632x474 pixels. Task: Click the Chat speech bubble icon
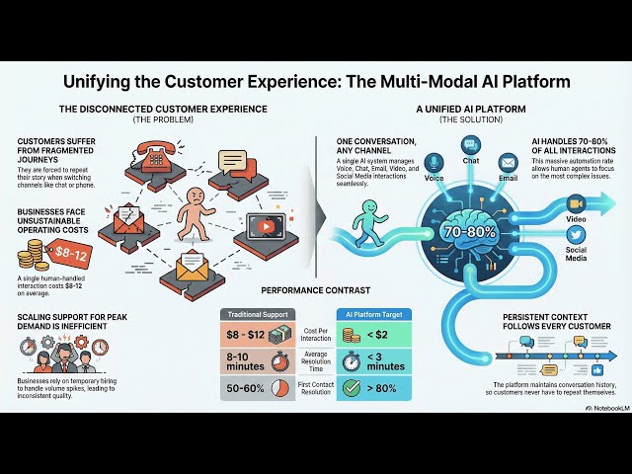pos(470,143)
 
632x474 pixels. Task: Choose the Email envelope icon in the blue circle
pos(508,162)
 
